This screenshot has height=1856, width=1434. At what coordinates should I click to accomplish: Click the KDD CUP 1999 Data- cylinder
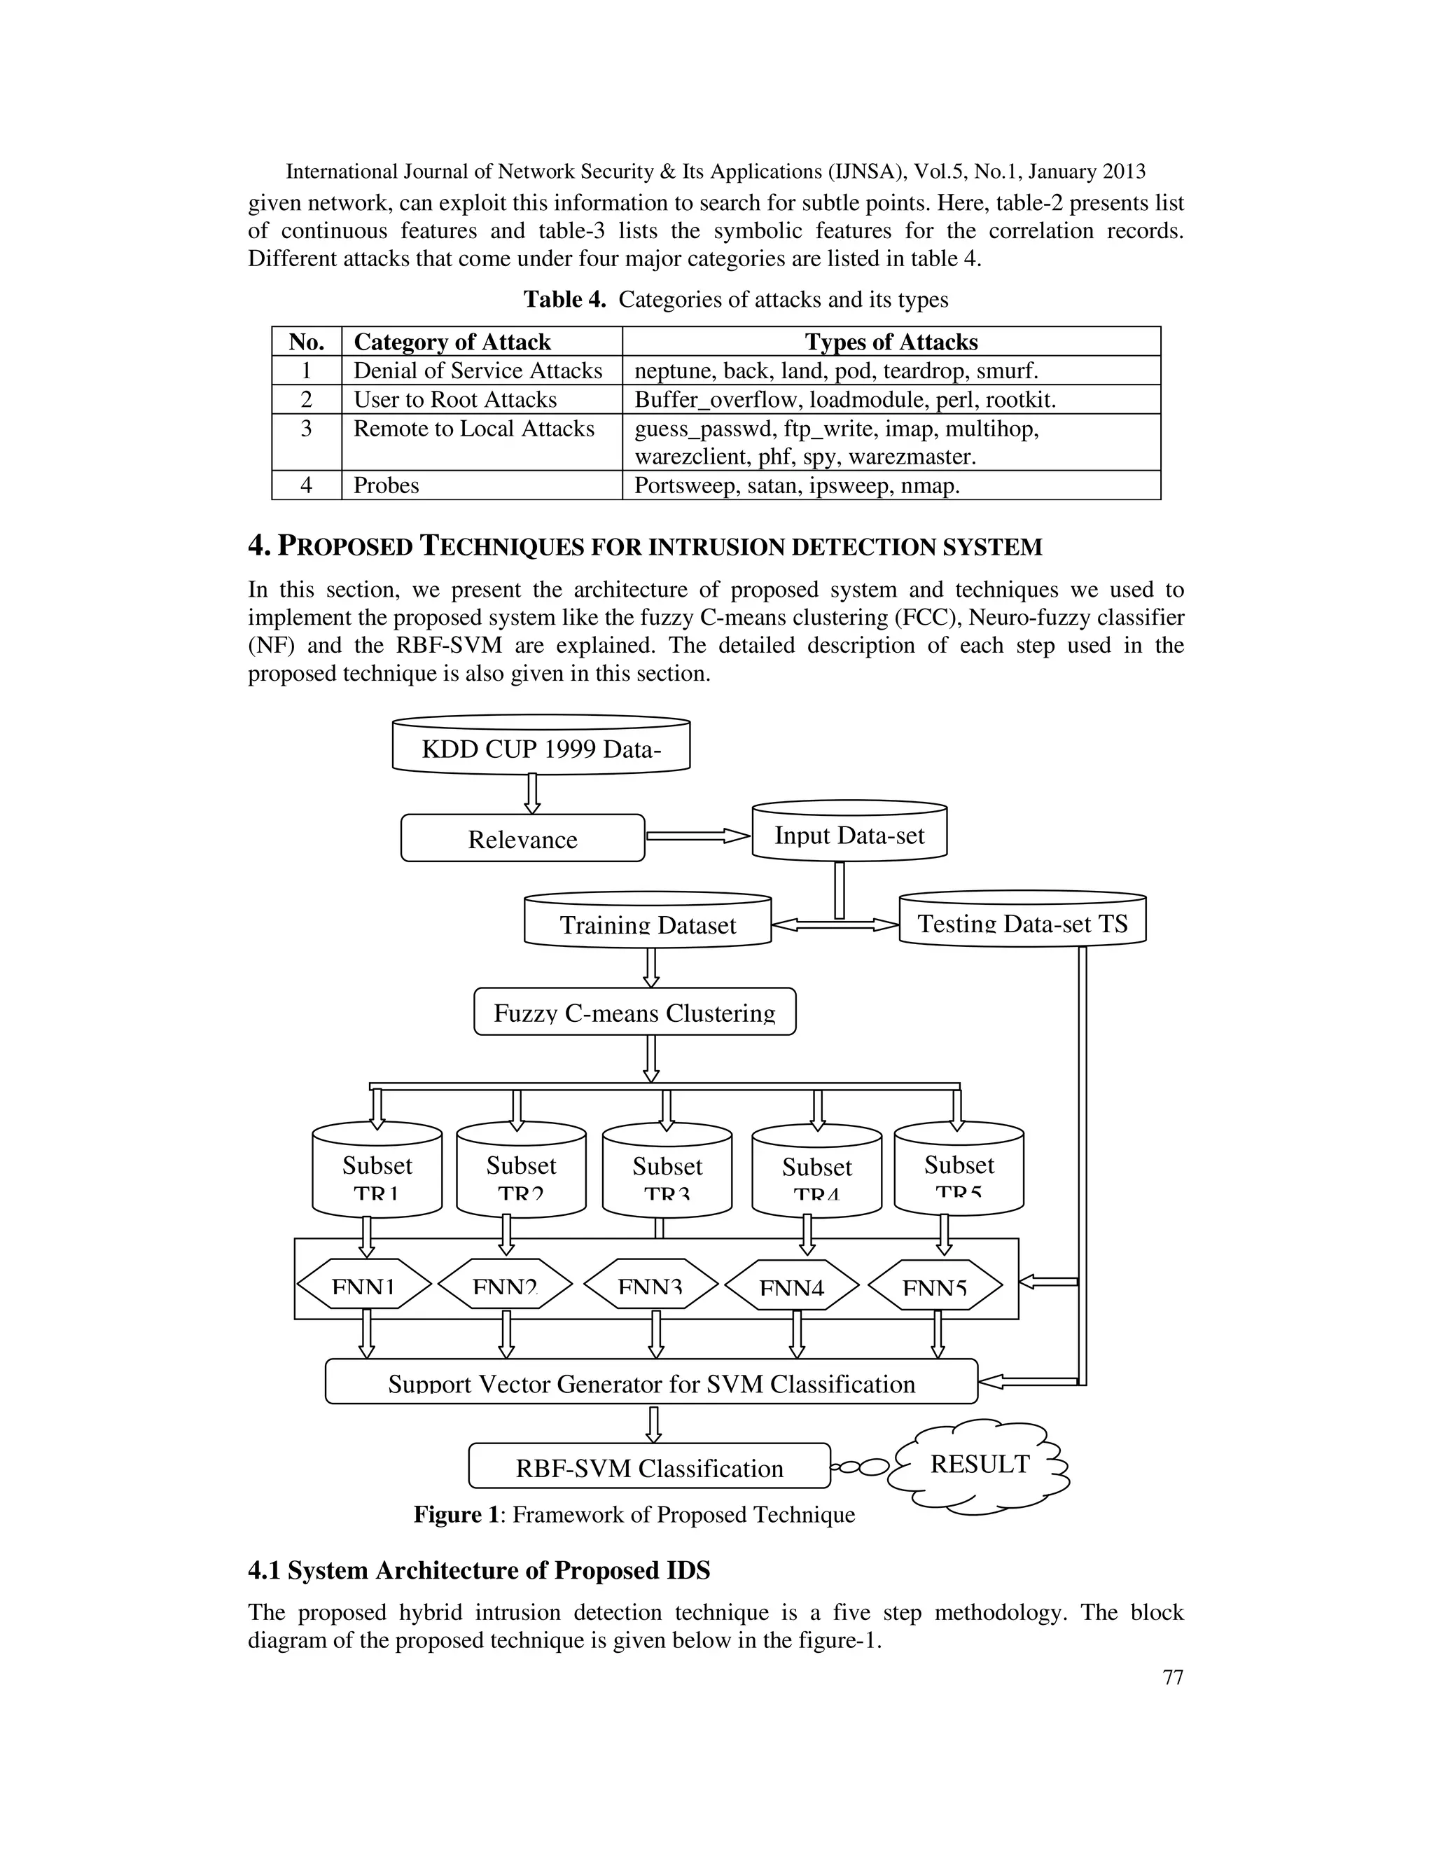pos(541,748)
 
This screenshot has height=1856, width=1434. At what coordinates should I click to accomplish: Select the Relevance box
pos(522,839)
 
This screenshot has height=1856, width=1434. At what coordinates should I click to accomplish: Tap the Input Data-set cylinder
pos(849,835)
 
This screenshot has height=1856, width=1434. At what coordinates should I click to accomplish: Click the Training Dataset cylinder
pos(648,923)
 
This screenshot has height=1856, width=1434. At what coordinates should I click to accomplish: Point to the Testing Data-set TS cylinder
pos(1022,922)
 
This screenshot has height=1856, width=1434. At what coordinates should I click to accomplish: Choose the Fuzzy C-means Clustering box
pos(634,1012)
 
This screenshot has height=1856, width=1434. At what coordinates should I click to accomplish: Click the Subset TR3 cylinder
pos(667,1172)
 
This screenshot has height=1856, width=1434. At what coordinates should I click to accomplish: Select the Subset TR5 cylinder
pos(959,1170)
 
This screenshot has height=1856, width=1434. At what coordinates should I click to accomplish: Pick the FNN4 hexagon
pos(791,1287)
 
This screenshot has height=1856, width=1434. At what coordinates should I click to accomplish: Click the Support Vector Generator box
pos(652,1383)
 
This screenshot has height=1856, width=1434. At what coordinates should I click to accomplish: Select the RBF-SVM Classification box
pos(649,1467)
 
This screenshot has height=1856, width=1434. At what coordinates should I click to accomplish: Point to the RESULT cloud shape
pos(979,1463)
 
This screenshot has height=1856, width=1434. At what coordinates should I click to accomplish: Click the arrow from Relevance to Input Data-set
pos(698,836)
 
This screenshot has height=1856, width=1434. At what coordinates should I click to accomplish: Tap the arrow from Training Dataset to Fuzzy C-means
pos(652,967)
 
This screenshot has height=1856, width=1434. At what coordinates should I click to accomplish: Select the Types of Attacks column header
pos(891,342)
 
